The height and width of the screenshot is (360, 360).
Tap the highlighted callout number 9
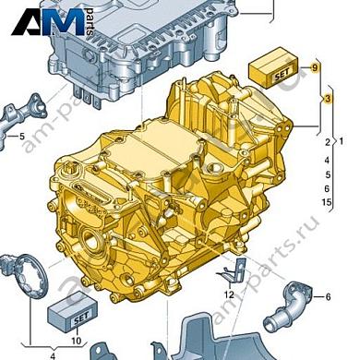point(315,68)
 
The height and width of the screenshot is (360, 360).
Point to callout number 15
point(327,201)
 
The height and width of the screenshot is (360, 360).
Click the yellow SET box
point(271,67)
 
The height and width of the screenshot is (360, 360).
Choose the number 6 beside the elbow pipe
point(328,296)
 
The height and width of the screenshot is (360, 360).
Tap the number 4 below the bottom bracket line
point(52,354)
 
